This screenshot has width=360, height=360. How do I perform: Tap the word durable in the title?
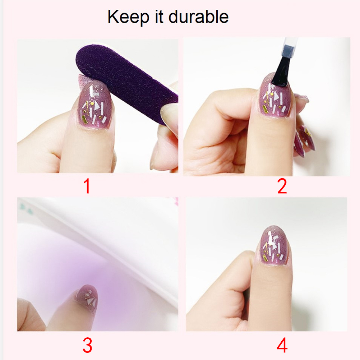(x=199, y=17)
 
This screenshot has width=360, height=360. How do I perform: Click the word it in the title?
(x=159, y=17)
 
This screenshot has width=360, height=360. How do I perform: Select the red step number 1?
(x=87, y=186)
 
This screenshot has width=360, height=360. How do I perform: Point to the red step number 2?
(x=282, y=186)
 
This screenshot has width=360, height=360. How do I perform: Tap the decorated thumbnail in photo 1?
(x=94, y=105)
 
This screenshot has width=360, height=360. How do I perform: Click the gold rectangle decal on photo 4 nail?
(x=265, y=257)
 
